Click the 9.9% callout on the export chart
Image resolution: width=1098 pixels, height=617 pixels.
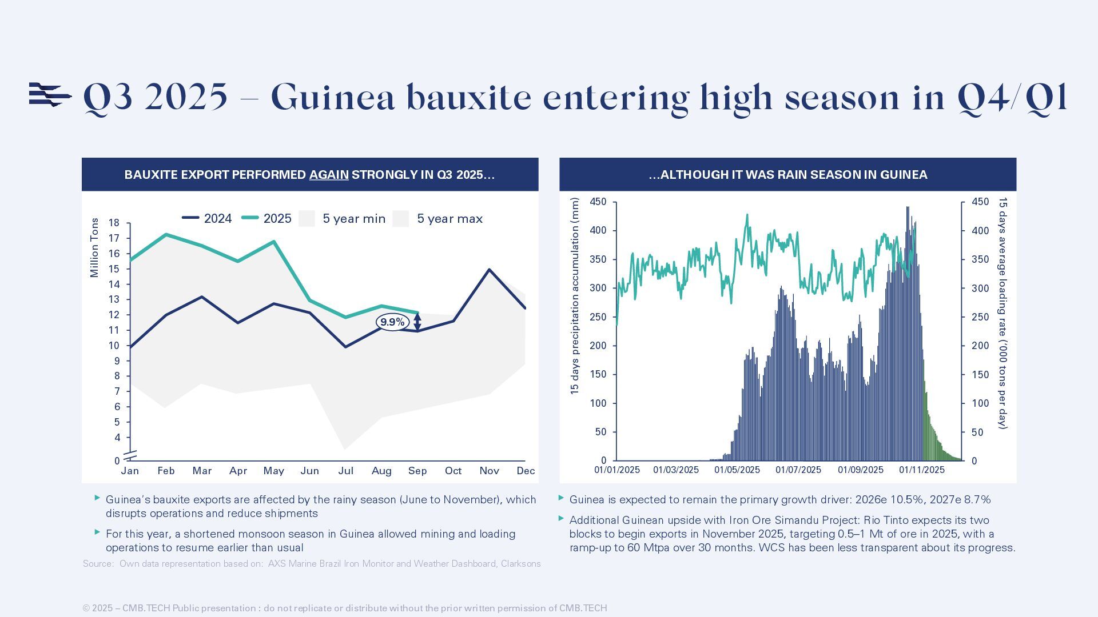392,322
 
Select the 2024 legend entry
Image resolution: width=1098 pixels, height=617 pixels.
207,218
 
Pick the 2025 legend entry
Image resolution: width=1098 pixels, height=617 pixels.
266,218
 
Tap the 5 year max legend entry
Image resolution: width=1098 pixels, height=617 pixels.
438,219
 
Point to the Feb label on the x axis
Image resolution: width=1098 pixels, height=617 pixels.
166,471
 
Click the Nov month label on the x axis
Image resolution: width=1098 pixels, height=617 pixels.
489,471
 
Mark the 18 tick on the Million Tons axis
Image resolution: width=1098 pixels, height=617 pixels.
114,223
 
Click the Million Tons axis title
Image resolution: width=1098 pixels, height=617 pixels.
95,247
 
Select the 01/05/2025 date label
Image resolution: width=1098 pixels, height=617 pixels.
737,470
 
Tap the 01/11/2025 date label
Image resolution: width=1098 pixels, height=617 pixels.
922,470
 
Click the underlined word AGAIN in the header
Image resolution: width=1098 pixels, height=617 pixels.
329,175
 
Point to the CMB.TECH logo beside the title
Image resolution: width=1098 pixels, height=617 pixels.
50,95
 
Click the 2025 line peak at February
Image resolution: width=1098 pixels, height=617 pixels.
166,234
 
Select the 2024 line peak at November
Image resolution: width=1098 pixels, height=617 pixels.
489,270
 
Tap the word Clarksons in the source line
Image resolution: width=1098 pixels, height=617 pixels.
520,564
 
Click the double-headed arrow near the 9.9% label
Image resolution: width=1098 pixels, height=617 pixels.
417,322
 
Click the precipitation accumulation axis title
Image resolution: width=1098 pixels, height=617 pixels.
575,296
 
